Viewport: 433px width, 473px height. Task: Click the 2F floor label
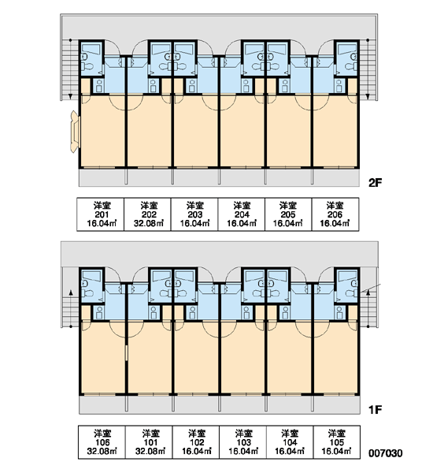tap(376, 183)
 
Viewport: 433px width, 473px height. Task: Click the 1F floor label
tap(376, 409)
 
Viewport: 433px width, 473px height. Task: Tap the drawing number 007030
tap(386, 453)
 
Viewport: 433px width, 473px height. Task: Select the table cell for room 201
tap(101, 214)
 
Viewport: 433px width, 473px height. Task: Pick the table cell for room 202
tap(148, 214)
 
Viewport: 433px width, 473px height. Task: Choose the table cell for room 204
tap(242, 214)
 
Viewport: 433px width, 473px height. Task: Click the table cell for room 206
tap(335, 214)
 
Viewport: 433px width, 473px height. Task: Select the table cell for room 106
tap(102, 442)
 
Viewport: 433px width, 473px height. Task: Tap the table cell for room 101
tap(149, 442)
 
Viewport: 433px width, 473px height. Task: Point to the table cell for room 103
tap(242, 442)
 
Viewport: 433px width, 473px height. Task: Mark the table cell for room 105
tap(337, 442)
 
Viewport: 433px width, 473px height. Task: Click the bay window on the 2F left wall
tap(75, 132)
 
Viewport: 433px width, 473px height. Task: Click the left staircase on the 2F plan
tap(70, 69)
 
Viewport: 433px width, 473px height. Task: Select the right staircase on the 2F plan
tap(368, 69)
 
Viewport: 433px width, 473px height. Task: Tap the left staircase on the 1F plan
tap(71, 312)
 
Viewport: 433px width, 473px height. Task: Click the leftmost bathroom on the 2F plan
tap(91, 58)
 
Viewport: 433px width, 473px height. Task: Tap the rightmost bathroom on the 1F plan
tap(347, 286)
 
